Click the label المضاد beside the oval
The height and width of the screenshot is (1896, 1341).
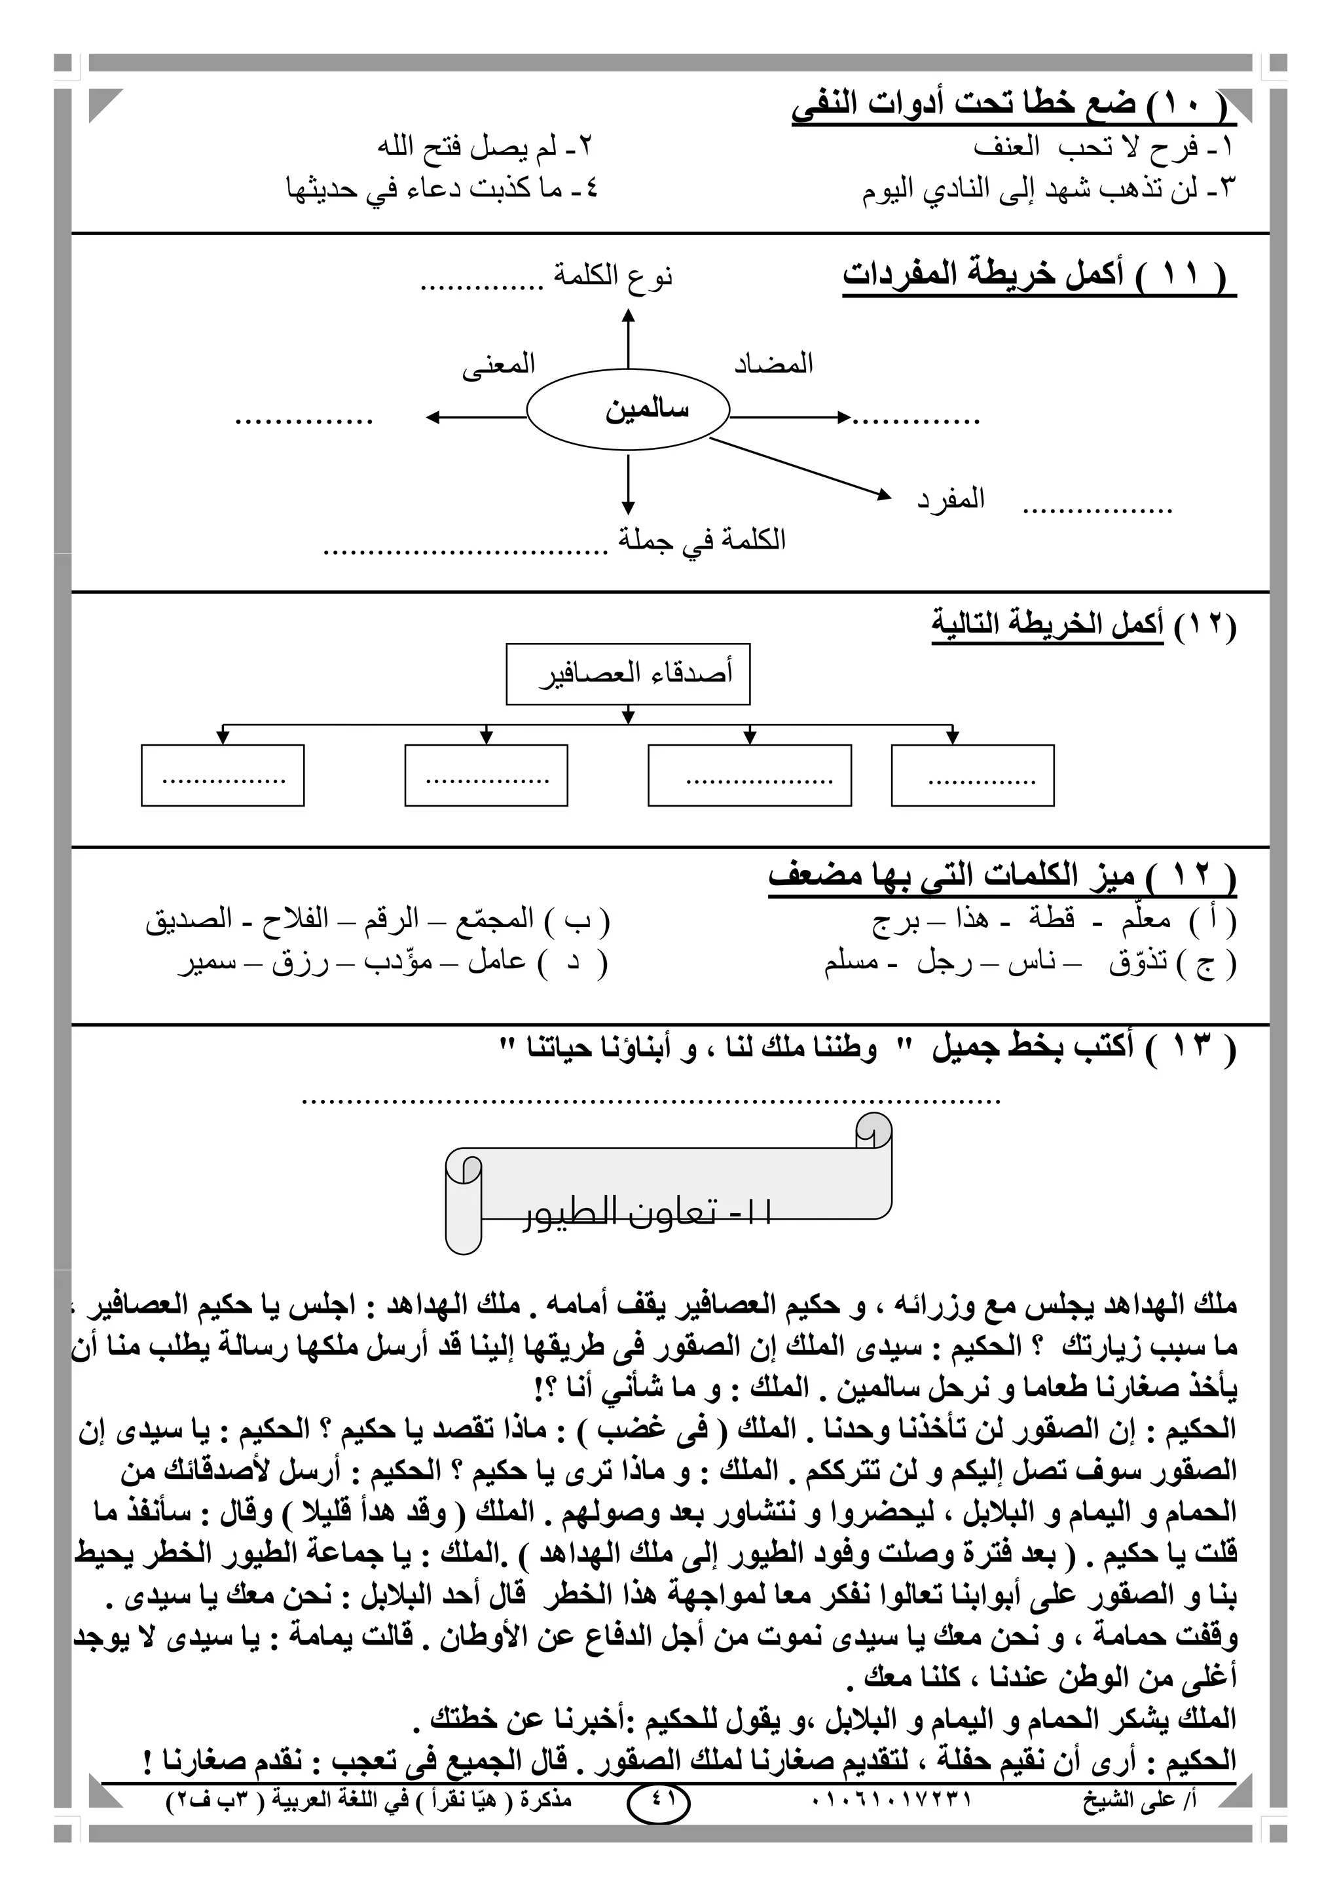(774, 363)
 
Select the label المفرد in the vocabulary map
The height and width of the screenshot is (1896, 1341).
(951, 499)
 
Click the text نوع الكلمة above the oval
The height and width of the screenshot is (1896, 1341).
(613, 276)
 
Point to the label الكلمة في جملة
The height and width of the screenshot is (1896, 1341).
(702, 540)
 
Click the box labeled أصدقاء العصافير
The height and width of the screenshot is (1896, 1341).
(627, 674)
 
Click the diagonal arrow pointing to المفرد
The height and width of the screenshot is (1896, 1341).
(801, 468)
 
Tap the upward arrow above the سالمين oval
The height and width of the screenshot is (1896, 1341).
(629, 338)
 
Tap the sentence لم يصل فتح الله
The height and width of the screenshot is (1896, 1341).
(486, 148)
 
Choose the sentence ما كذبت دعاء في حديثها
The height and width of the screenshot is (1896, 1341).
(442, 189)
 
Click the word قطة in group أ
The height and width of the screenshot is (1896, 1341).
(1051, 919)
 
